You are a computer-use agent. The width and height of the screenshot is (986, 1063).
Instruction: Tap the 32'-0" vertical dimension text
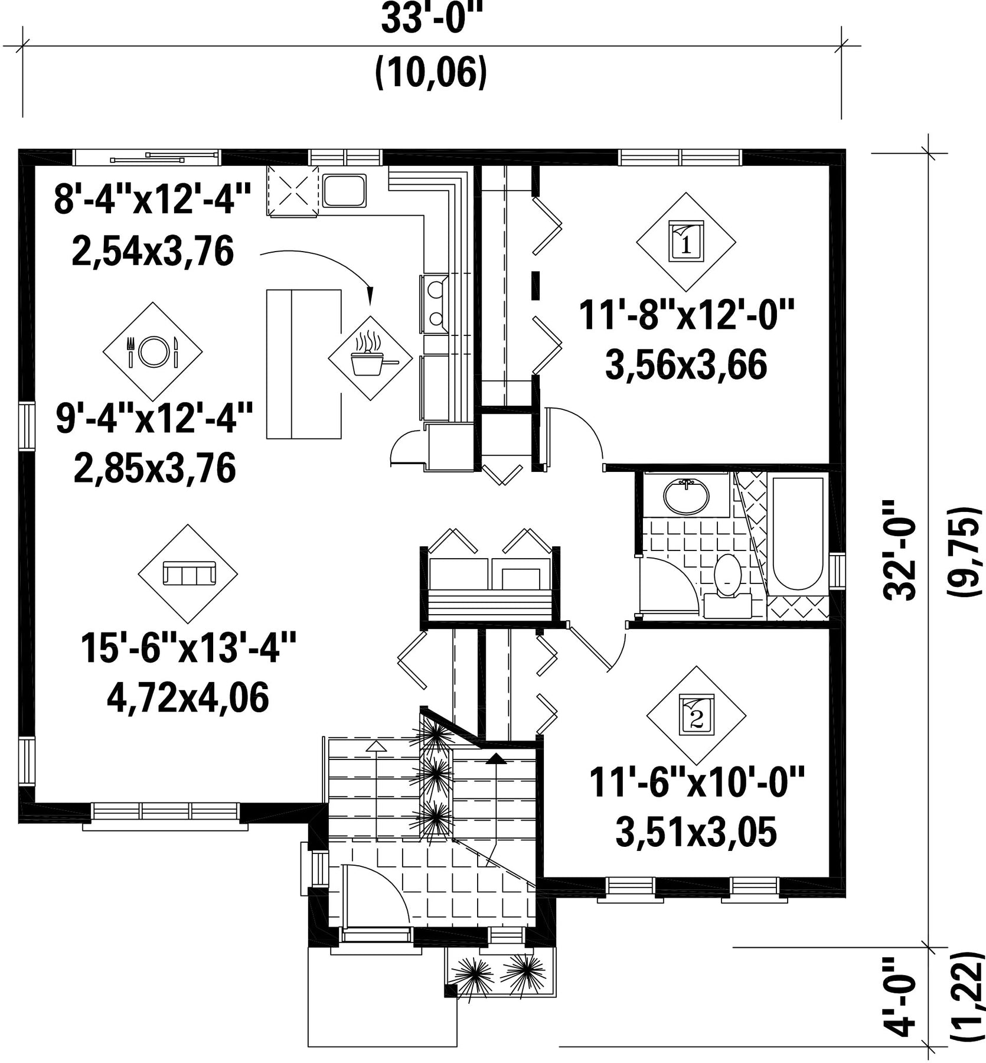click(900, 550)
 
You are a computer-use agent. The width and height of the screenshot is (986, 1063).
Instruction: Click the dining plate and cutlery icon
click(152, 351)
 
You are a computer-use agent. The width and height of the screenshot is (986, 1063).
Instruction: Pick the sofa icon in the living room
click(188, 573)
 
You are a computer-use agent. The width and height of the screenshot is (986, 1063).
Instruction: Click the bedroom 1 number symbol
click(686, 242)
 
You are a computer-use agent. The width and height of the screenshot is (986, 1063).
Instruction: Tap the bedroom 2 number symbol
click(696, 715)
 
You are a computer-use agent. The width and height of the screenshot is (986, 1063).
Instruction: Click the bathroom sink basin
click(685, 496)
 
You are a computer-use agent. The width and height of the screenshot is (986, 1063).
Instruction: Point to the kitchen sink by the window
click(344, 190)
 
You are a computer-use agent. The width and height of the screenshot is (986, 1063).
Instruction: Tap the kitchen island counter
click(303, 364)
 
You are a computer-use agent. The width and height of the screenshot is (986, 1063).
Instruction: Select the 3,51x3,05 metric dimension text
click(696, 832)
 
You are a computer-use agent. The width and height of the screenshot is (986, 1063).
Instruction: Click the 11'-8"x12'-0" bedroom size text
click(686, 315)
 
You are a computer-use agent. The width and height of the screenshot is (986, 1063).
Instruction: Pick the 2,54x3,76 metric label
click(153, 250)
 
